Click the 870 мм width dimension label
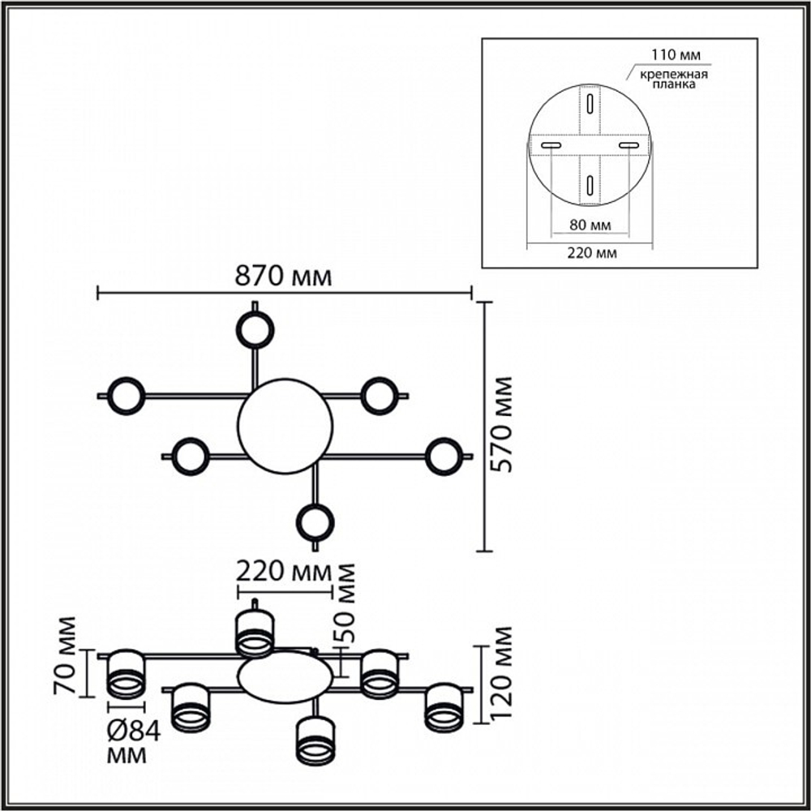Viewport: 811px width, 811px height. pyautogui.click(x=283, y=276)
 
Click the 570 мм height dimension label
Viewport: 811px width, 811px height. pyautogui.click(x=501, y=424)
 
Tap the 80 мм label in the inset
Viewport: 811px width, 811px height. pyautogui.click(x=590, y=225)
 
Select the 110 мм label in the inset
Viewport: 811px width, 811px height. pyautogui.click(x=676, y=54)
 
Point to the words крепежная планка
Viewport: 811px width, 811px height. pyautogui.click(x=674, y=79)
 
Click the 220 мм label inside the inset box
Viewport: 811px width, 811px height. pyautogui.click(x=592, y=253)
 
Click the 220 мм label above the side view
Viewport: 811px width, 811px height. pyautogui.click(x=283, y=572)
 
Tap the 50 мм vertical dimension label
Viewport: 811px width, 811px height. pyautogui.click(x=345, y=603)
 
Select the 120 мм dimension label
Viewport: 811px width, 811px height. pyautogui.click(x=500, y=672)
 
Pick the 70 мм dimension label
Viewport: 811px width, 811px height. pyautogui.click(x=65, y=655)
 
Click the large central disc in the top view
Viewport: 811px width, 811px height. pyautogui.click(x=285, y=426)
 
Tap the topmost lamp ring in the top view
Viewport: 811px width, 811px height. pyautogui.click(x=255, y=329)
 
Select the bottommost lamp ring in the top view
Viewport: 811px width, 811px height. pyautogui.click(x=315, y=522)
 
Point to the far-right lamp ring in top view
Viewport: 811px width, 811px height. pyautogui.click(x=444, y=457)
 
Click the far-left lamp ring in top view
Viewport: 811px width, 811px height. pyautogui.click(x=126, y=396)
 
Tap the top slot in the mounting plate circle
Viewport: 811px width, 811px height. pyautogui.click(x=590, y=103)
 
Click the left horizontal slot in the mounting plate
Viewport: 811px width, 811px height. pyautogui.click(x=551, y=146)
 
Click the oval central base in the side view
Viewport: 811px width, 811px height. pyautogui.click(x=285, y=677)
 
